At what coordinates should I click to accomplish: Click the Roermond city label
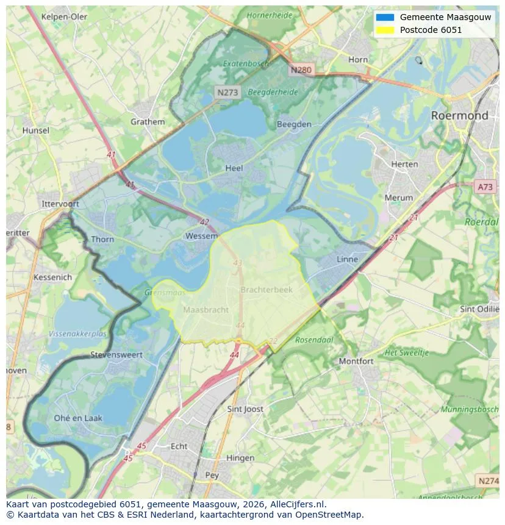tap(459, 115)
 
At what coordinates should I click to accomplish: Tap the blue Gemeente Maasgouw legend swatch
tap(385, 17)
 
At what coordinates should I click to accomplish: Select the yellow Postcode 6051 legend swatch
tap(385, 30)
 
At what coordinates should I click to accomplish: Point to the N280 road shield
tap(301, 70)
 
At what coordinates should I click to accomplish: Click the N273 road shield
tap(227, 92)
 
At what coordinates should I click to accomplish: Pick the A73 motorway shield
tap(485, 187)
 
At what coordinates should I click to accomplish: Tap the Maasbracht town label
tap(206, 310)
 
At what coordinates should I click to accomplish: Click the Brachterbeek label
tap(267, 290)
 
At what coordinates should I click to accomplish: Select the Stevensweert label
tap(116, 354)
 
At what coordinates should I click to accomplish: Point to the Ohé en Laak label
tap(78, 418)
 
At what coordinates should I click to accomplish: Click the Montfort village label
tap(356, 361)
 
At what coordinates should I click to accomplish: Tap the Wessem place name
tap(201, 236)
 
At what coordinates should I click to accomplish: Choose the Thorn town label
tap(102, 239)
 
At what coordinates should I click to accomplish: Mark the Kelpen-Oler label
tap(64, 16)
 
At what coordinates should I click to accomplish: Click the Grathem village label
tap(148, 121)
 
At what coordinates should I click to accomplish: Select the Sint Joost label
tap(245, 409)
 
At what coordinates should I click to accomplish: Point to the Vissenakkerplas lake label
tap(77, 334)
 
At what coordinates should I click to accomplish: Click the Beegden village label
tap(294, 124)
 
